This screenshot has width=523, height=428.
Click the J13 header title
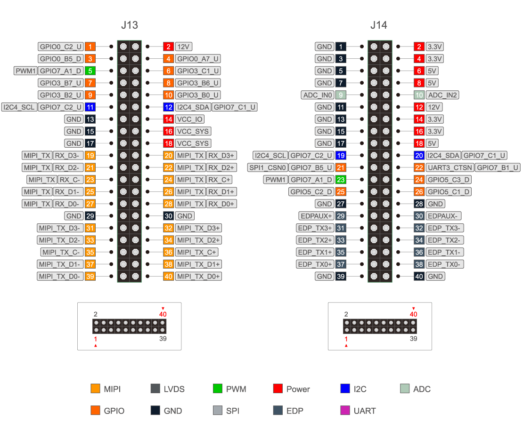pyautogui.click(x=129, y=25)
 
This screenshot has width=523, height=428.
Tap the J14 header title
pyautogui.click(x=379, y=25)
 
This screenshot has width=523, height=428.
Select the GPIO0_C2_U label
pyautogui.click(x=61, y=47)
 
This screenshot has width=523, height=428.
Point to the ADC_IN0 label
pyautogui.click(x=317, y=95)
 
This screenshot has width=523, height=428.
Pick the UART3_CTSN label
pyautogui.click(x=449, y=167)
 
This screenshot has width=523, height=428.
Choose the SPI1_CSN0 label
pyautogui.click(x=267, y=167)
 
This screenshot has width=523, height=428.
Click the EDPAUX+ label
pyautogui.click(x=316, y=216)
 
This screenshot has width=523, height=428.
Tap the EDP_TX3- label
pyautogui.click(x=445, y=228)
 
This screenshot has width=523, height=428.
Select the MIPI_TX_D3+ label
pyautogui.click(x=198, y=228)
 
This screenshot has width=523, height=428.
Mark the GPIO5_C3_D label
pyautogui.click(x=449, y=180)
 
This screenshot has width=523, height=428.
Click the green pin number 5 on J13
pyautogui.click(x=90, y=71)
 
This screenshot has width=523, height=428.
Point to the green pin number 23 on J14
pyautogui.click(x=341, y=180)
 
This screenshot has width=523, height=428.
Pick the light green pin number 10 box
pyautogui.click(x=419, y=95)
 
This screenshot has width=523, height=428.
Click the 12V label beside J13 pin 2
pyautogui.click(x=184, y=47)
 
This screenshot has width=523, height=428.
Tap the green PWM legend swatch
pyautogui.click(x=217, y=388)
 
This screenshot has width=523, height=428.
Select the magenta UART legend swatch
pyautogui.click(x=345, y=410)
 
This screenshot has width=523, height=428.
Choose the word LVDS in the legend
pyautogui.click(x=174, y=389)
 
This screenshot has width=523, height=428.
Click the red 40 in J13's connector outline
pyautogui.click(x=163, y=314)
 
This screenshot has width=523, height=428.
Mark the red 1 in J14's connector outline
pyautogui.click(x=346, y=339)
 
